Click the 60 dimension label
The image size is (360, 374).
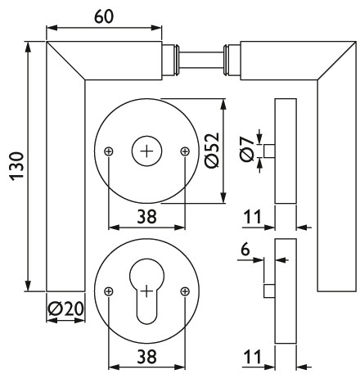(104, 17)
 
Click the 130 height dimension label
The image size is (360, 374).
(17, 166)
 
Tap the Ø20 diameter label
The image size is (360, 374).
(65, 309)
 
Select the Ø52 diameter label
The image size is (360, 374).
(212, 151)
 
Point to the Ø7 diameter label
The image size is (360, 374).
(247, 149)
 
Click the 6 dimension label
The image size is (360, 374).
(245, 250)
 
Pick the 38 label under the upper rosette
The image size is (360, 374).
(146, 217)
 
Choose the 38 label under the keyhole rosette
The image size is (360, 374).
(146, 357)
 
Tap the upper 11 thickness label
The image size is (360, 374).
(252, 217)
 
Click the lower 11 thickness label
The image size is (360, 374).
(252, 357)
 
